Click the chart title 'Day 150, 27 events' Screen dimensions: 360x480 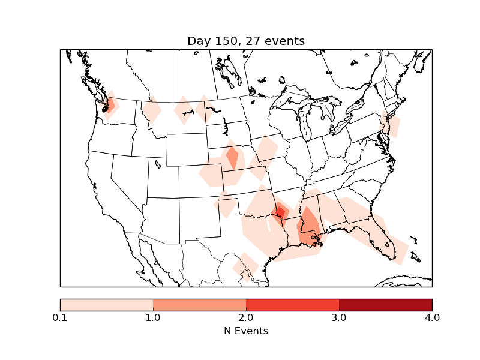coord(246,41)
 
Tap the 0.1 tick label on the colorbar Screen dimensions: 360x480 coord(60,317)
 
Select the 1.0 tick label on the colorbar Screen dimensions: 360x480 coord(153,317)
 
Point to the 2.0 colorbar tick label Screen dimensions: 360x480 coord(246,317)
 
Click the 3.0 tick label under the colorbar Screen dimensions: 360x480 coord(339,317)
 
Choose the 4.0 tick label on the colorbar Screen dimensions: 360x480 coord(432,317)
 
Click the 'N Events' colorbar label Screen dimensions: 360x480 coord(246,331)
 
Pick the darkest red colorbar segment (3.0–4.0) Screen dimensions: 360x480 coord(385,304)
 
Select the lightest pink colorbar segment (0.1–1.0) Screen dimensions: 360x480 coord(107,304)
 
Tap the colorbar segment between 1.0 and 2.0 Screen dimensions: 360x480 coord(199,304)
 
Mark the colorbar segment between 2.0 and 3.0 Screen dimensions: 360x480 coord(292,304)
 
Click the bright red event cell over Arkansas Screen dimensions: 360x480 coord(280,212)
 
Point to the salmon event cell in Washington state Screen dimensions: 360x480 coord(110,105)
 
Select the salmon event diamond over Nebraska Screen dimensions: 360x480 coord(232,158)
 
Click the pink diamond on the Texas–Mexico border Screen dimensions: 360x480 coord(245,266)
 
